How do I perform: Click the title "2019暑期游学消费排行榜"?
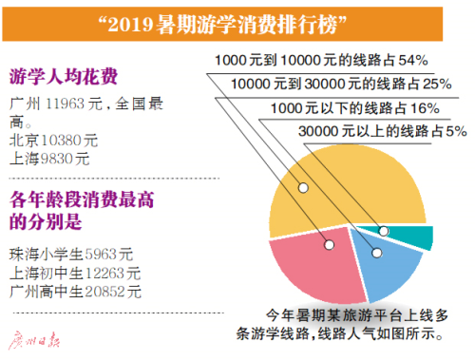(x=237, y=20)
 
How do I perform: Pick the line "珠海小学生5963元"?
(x=71, y=255)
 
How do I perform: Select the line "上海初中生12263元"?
(x=75, y=273)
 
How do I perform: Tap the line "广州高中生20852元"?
(x=75, y=291)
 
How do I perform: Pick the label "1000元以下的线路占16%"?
(x=356, y=109)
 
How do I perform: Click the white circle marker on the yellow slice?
(x=302, y=187)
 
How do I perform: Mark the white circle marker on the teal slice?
(x=384, y=231)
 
